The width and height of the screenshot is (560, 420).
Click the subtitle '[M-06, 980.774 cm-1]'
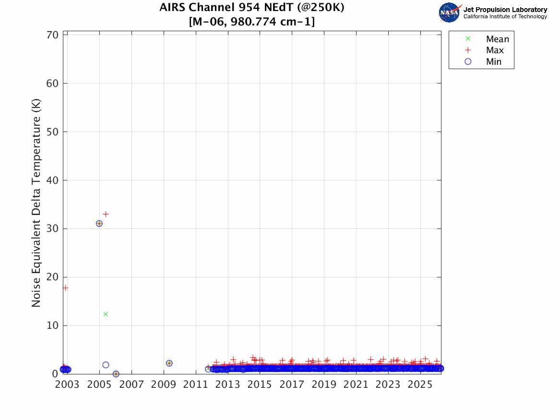(252, 22)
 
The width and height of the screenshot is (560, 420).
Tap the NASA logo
(449, 12)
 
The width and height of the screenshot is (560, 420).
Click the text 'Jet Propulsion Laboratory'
(505, 10)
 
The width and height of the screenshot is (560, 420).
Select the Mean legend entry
(497, 39)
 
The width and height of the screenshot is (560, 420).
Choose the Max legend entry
(494, 50)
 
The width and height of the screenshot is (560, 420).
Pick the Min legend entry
(493, 61)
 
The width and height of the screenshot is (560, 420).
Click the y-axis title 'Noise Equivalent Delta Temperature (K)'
(36, 203)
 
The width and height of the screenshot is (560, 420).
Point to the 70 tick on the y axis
(53, 35)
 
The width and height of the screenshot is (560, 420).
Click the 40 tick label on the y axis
(53, 180)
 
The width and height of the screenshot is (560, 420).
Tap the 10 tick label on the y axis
(53, 325)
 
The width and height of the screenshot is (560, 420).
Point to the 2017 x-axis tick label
(292, 385)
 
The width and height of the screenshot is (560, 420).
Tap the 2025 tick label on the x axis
(420, 385)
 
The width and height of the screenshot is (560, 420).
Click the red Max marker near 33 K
(106, 214)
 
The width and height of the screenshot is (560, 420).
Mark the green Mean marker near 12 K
(106, 314)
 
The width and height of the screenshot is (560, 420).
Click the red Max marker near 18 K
(65, 288)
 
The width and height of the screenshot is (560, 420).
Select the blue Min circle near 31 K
(99, 224)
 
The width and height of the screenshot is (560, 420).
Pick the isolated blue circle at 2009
(169, 363)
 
